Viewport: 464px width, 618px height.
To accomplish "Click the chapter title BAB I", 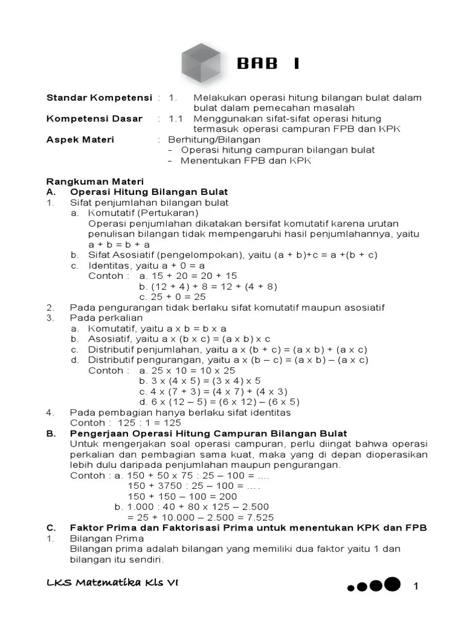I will click(x=268, y=64).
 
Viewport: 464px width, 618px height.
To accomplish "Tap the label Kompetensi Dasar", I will click(x=94, y=119).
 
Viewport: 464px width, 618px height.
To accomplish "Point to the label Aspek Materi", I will click(x=80, y=139).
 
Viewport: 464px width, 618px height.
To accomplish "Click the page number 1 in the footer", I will click(x=416, y=587).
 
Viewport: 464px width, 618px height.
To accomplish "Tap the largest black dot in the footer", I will click(x=393, y=584).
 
